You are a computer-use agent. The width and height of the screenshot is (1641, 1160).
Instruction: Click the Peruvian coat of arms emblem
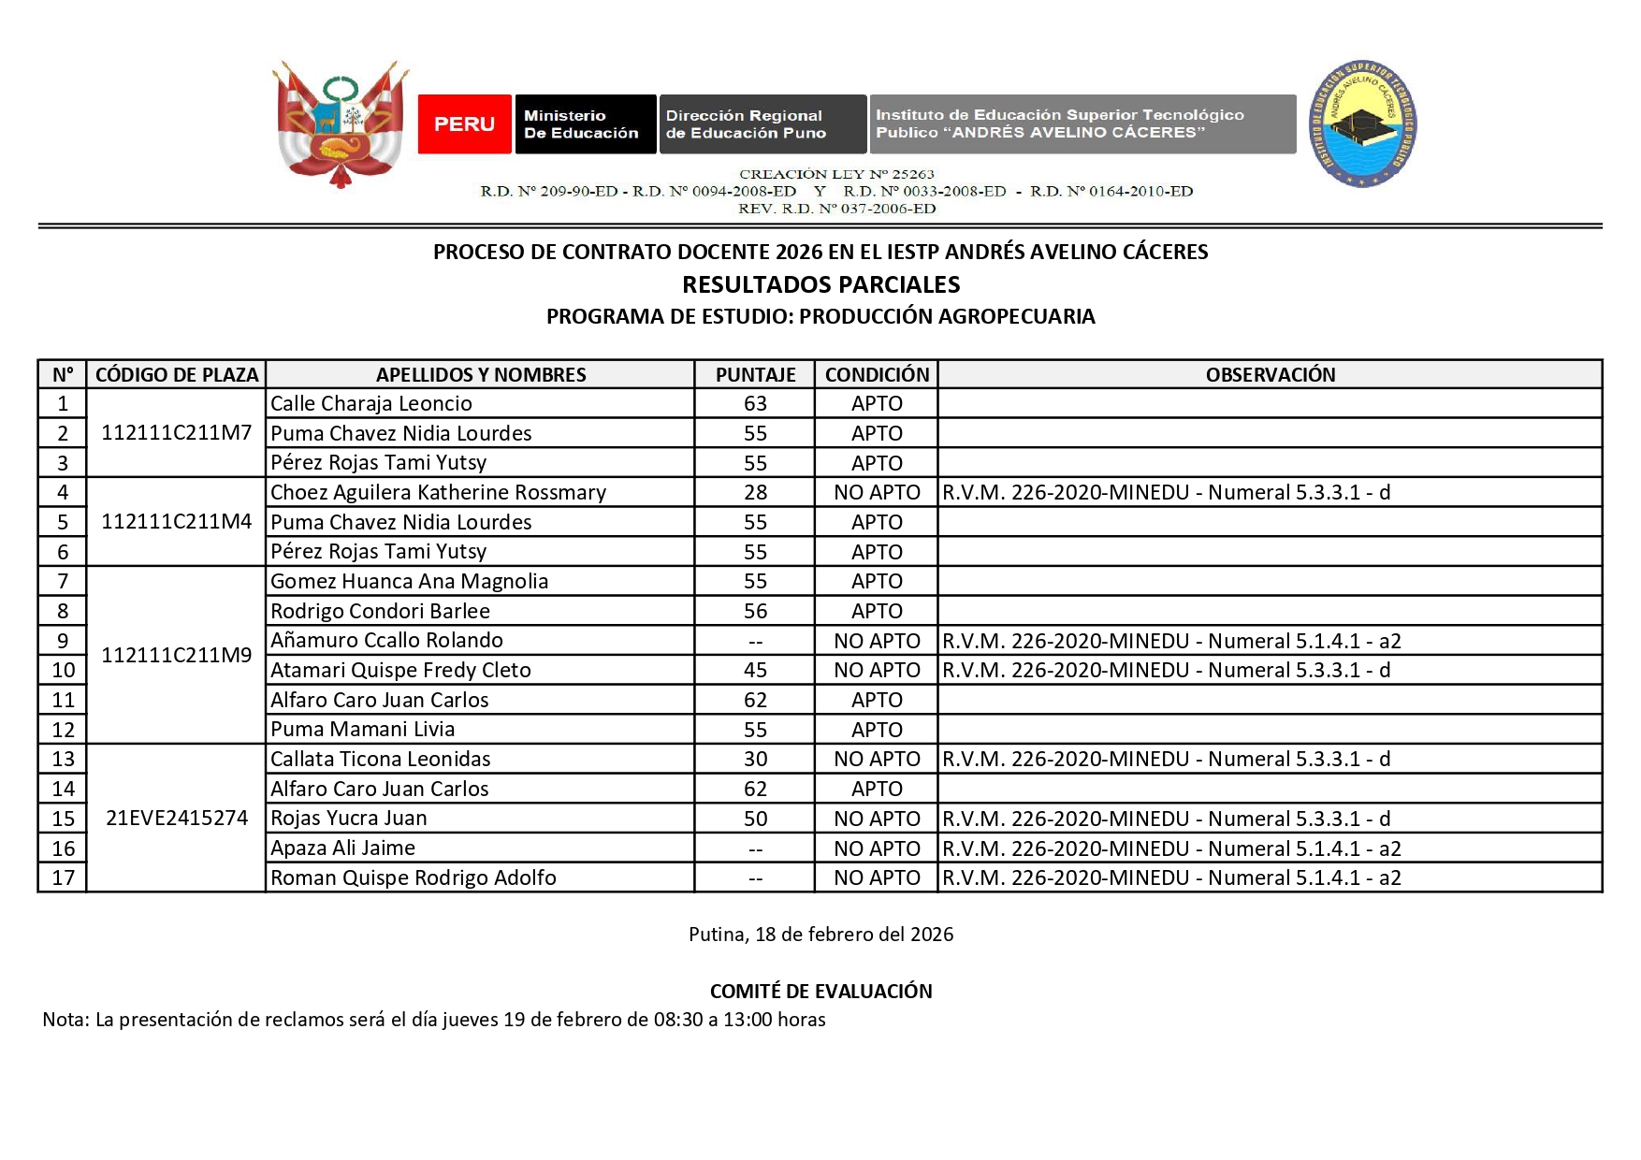[x=341, y=123]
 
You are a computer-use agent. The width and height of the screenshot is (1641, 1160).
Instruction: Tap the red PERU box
[x=464, y=123]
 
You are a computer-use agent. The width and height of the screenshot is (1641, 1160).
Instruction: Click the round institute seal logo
[x=1362, y=123]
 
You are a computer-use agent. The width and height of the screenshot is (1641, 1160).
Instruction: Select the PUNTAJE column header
[x=755, y=374]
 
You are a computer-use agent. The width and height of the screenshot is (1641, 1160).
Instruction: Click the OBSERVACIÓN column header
[x=1270, y=374]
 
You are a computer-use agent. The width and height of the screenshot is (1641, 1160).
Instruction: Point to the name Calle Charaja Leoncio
[x=371, y=403]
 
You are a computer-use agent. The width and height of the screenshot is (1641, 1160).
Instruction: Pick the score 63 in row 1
[x=755, y=403]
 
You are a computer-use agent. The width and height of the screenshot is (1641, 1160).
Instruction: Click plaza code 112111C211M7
[x=176, y=432]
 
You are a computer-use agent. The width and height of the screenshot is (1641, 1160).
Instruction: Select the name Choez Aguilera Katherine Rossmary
[x=438, y=492]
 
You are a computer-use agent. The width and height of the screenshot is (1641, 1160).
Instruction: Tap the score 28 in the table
[x=755, y=492]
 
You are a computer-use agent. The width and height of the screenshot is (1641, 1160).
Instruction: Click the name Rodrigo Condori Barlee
[x=380, y=611]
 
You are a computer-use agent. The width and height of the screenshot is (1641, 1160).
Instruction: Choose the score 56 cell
[x=755, y=611]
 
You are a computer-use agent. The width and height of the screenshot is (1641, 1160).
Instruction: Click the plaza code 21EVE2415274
[x=176, y=818]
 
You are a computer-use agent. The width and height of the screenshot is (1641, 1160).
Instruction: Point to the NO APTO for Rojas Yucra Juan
[x=877, y=819]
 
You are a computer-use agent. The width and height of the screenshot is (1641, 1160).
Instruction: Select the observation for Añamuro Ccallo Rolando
[x=1171, y=641]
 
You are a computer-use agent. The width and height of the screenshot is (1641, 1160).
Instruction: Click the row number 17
[x=63, y=877]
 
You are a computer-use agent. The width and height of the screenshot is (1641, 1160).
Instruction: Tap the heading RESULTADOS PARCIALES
[x=820, y=284]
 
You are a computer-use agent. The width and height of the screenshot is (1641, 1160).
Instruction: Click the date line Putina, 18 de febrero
[x=820, y=934]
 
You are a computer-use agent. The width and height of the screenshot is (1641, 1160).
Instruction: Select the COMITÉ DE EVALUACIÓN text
[x=820, y=991]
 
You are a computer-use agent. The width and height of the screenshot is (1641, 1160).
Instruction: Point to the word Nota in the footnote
[x=64, y=1020]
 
